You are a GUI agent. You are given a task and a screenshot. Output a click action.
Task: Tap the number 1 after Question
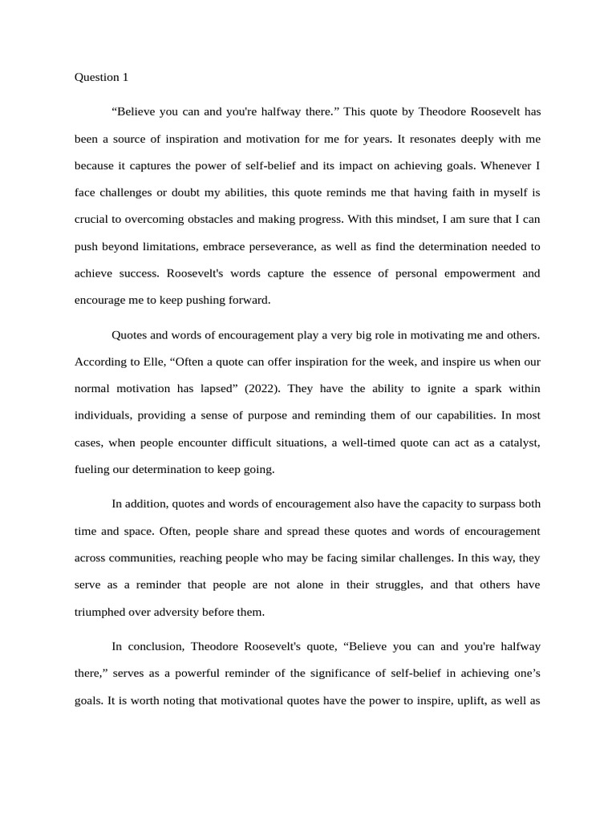(124, 78)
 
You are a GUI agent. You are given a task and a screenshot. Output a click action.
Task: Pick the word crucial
(92, 218)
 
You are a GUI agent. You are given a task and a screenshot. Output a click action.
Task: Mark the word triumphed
(103, 611)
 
